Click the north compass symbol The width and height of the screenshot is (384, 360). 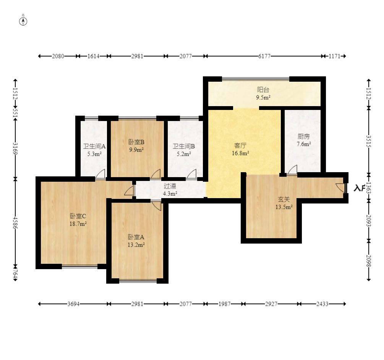[x=23, y=21]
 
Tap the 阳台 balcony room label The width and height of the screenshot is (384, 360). [x=263, y=90]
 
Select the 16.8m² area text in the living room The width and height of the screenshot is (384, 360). [x=240, y=153]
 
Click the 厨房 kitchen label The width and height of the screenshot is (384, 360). [x=304, y=136]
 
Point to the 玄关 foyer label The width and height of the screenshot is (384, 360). [x=284, y=199]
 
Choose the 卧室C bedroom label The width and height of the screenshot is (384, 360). [x=78, y=216]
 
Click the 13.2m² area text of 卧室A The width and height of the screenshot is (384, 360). [x=136, y=245]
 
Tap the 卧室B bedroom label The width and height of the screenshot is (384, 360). [x=136, y=142]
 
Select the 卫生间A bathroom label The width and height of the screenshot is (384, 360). [x=94, y=146]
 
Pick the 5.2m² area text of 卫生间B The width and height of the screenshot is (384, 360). [x=184, y=154]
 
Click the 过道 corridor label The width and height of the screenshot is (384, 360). [x=170, y=186]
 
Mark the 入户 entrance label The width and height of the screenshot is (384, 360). [x=360, y=188]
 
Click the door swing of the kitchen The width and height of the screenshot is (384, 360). [x=292, y=170]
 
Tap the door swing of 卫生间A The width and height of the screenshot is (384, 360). [x=100, y=174]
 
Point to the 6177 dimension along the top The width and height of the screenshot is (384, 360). [x=264, y=56]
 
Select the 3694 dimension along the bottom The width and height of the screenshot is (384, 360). [x=73, y=304]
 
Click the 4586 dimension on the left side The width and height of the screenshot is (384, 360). [x=15, y=223]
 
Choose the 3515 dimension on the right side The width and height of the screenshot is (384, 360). [x=369, y=142]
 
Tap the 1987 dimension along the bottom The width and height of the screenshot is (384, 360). [x=225, y=304]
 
